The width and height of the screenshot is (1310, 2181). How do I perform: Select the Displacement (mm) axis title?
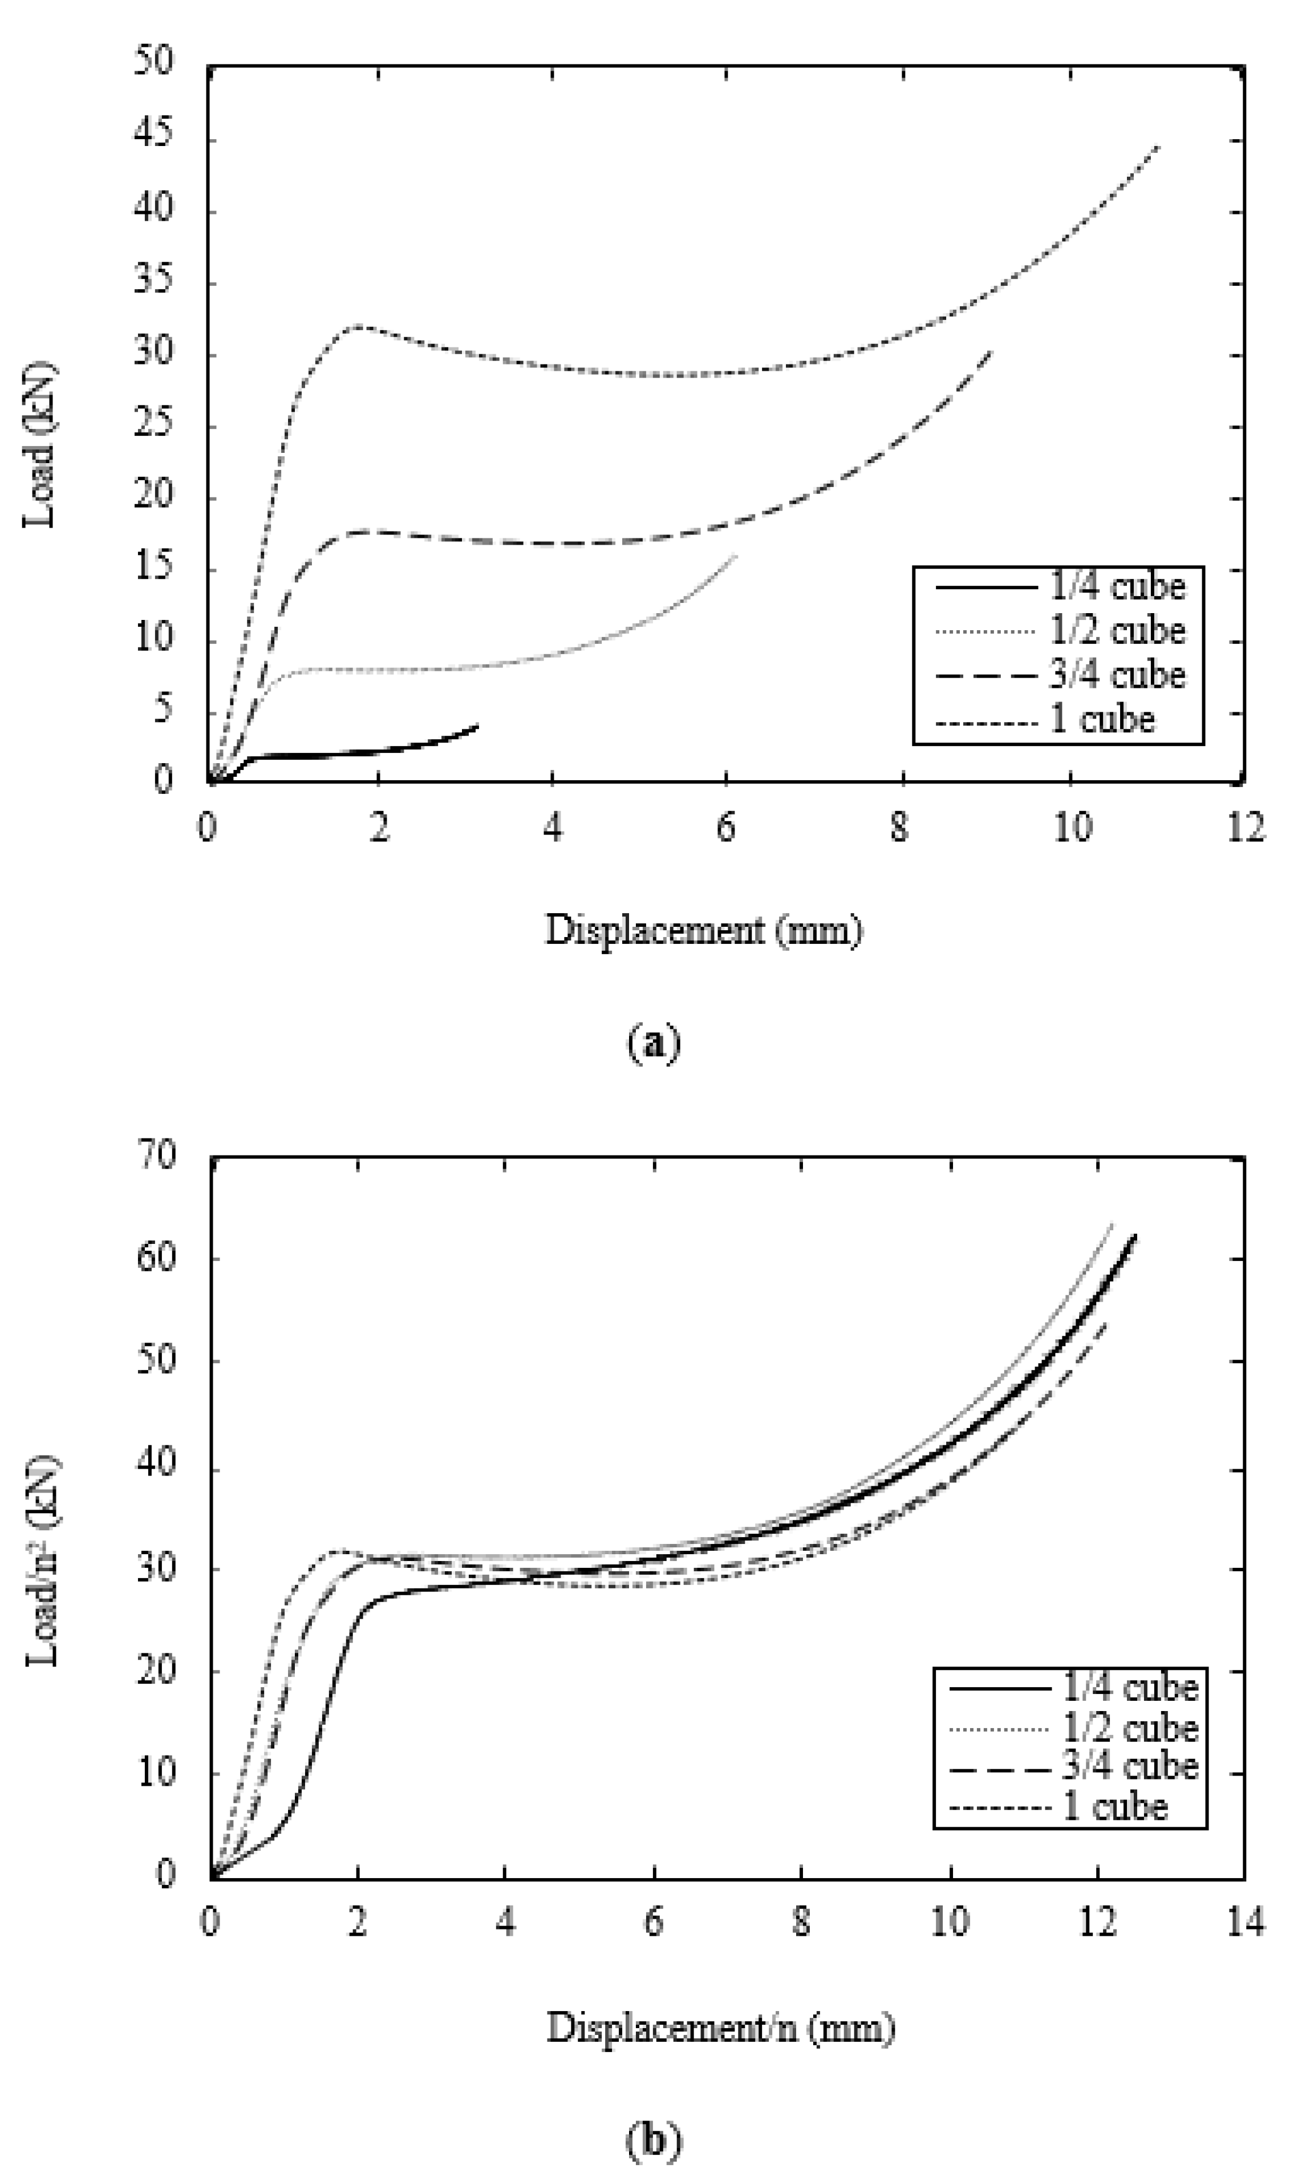tap(704, 930)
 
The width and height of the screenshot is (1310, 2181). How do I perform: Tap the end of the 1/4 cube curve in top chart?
tap(477, 725)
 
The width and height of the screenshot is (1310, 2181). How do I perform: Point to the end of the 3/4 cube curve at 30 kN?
tap(991, 351)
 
